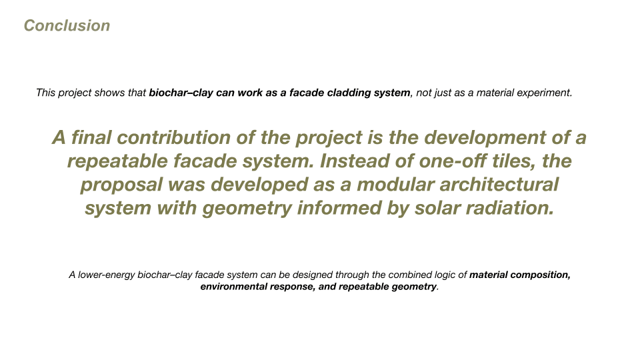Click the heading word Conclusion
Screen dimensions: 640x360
67,25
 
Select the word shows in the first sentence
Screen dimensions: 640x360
109,93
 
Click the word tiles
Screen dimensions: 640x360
514,161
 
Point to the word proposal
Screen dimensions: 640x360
121,185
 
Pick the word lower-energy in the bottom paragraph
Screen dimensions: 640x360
106,275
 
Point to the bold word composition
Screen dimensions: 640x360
540,275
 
